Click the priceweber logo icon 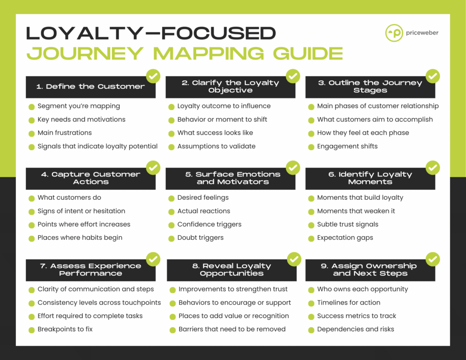394,33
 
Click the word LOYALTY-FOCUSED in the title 151,33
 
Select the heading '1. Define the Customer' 91,86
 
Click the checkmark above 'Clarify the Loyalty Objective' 293,76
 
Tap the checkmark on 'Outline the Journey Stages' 433,76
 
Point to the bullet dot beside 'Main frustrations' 31,133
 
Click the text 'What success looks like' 215,133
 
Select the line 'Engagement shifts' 347,146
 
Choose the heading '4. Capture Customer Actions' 91,178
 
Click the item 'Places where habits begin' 80,238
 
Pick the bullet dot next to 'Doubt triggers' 171,238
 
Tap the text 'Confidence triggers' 209,224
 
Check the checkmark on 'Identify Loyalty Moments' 433,167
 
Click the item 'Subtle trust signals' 348,224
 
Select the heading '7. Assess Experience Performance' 91,269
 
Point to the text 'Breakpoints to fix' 65,329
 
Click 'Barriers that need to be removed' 232,329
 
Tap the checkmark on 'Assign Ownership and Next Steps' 433,259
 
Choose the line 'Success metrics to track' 356,316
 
